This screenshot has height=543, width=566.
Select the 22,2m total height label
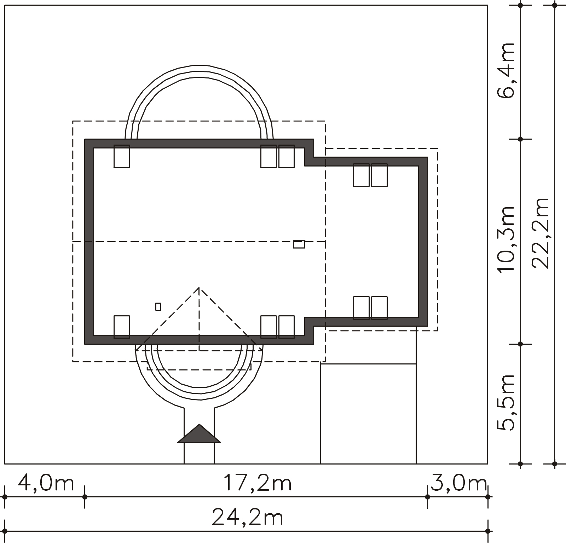pos(540,233)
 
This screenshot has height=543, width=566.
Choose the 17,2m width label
pos(257,483)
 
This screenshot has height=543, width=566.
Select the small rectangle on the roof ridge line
pos(299,244)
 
